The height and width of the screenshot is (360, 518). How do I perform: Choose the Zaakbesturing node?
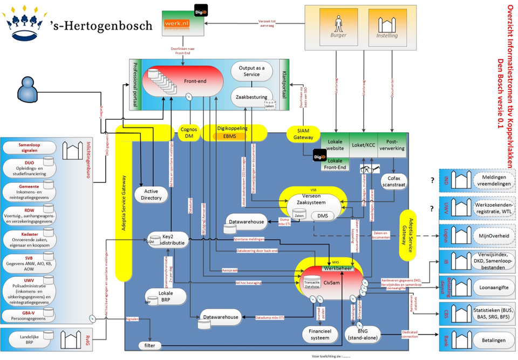click(x=253, y=98)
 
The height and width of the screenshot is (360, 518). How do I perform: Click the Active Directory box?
click(x=152, y=194)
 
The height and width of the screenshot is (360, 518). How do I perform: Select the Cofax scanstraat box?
click(x=397, y=181)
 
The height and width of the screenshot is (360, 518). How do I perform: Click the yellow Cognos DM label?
click(x=189, y=132)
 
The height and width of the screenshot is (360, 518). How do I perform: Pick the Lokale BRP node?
click(x=165, y=296)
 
